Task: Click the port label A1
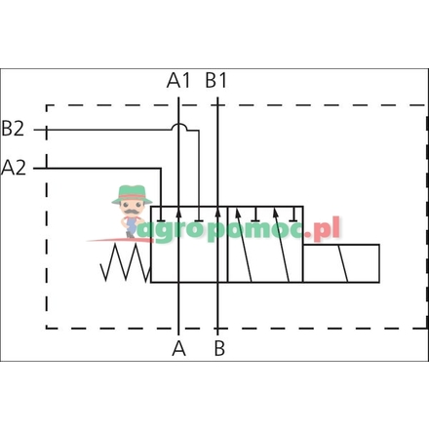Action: (x=178, y=80)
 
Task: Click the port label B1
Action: (x=216, y=80)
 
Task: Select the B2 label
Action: (x=14, y=128)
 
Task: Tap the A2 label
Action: (x=15, y=167)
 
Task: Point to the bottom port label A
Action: (x=178, y=347)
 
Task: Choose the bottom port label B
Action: (x=219, y=347)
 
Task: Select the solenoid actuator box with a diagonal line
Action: (x=340, y=263)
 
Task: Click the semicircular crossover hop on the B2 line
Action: (x=178, y=126)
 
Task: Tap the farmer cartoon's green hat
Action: (x=131, y=193)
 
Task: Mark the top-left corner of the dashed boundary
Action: (x=48, y=104)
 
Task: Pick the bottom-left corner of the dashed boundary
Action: (x=48, y=329)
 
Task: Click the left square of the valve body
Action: (x=188, y=244)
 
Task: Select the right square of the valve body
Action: (x=264, y=244)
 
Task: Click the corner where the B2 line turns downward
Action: (x=199, y=129)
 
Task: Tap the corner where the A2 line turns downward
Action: (x=159, y=168)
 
